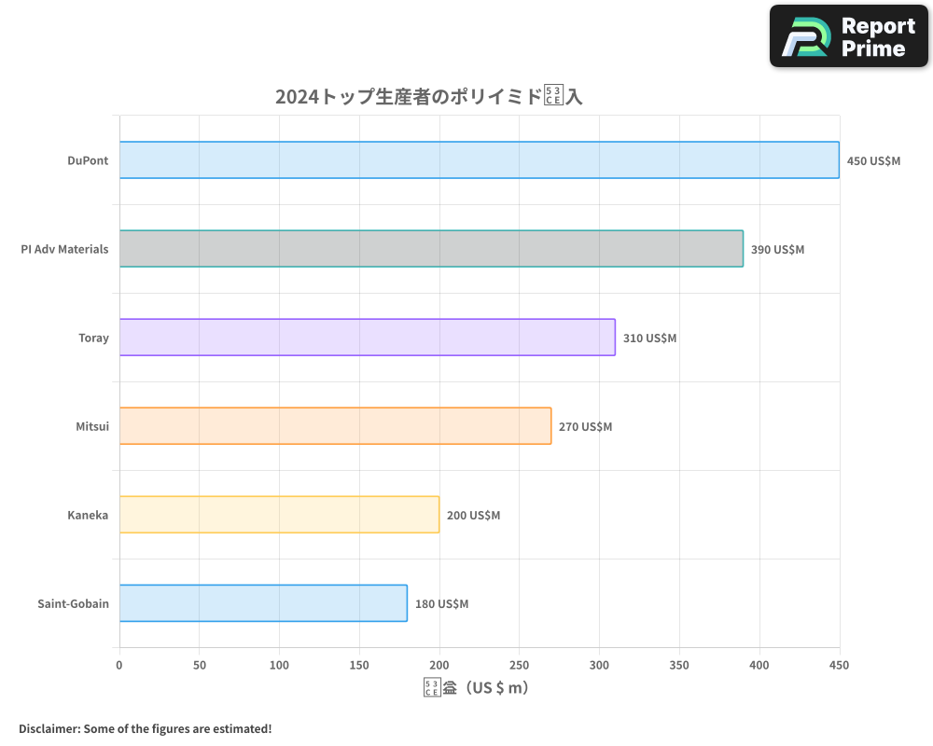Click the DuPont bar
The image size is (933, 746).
click(x=479, y=160)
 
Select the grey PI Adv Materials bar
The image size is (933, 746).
click(x=431, y=249)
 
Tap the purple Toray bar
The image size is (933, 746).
click(x=367, y=338)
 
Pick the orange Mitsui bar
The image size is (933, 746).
click(x=335, y=426)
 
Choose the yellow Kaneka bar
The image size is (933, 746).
click(x=279, y=515)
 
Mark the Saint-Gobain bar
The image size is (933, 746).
click(x=263, y=603)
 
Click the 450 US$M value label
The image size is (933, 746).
click(x=873, y=161)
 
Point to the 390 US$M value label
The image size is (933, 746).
click(x=777, y=250)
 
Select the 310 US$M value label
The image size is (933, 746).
click(x=649, y=338)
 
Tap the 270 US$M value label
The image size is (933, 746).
click(x=585, y=427)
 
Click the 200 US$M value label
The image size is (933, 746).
click(x=473, y=516)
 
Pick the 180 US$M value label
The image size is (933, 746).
click(x=441, y=604)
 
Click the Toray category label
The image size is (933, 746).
click(x=93, y=338)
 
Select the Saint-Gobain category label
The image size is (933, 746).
click(x=73, y=603)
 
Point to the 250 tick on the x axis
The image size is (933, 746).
click(x=520, y=665)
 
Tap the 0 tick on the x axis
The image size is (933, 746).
click(x=119, y=665)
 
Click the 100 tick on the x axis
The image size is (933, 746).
click(x=280, y=665)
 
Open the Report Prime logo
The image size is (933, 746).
click(x=849, y=36)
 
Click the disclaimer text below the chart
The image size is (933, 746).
click(x=145, y=728)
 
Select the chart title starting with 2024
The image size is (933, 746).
click(x=428, y=96)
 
